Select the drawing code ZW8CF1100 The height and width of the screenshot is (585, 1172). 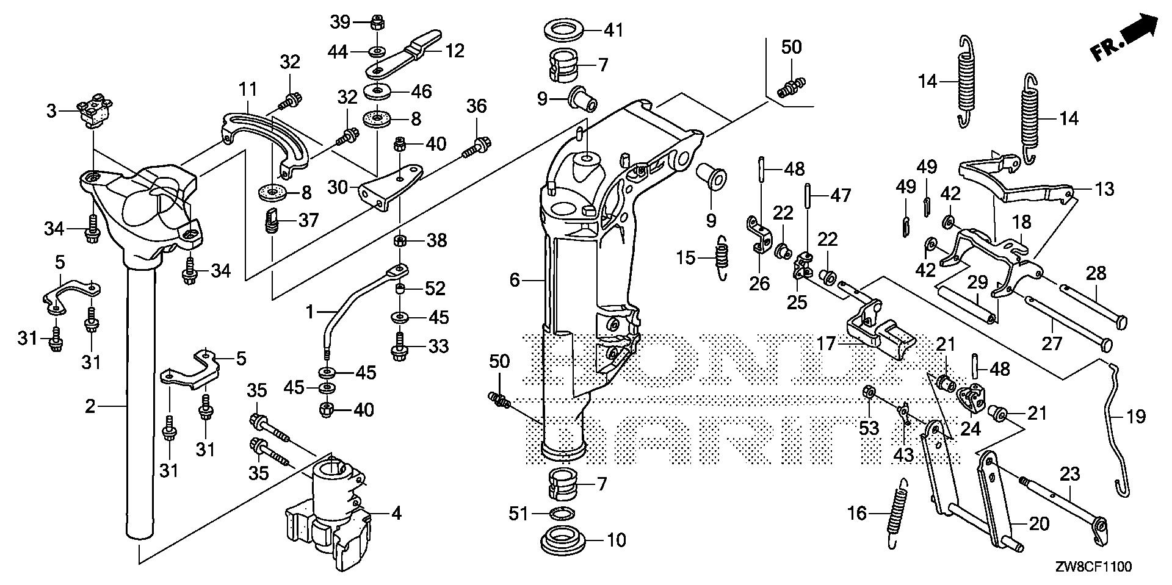pos(1096,567)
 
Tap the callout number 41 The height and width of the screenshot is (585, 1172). pos(613,30)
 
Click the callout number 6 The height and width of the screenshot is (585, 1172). pos(514,280)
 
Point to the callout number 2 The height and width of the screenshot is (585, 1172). pos(90,406)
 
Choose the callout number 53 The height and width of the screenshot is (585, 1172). pos(869,428)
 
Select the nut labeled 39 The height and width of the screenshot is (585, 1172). pos(377,23)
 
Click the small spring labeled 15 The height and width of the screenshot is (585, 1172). pos(722,257)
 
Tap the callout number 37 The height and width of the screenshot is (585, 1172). pos(308,220)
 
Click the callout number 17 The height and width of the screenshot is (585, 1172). pos(825,345)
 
